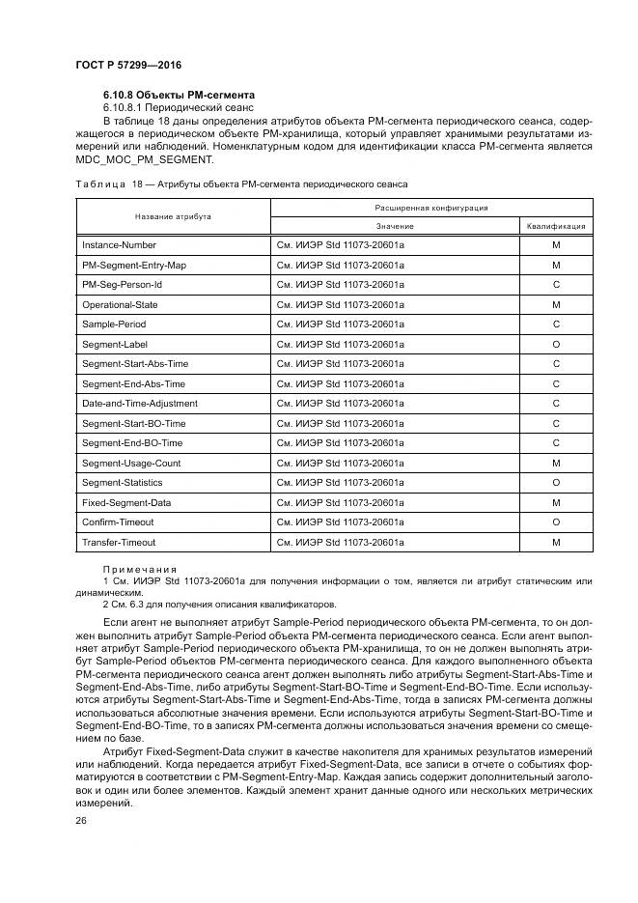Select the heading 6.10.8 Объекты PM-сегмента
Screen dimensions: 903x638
179,95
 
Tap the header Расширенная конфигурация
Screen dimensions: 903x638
430,207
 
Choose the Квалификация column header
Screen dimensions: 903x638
555,226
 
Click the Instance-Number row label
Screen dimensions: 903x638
119,245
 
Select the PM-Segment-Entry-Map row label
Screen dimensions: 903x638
134,265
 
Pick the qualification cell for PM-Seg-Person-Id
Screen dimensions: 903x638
555,285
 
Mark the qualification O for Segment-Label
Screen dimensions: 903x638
555,344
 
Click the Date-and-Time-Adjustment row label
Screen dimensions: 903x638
139,403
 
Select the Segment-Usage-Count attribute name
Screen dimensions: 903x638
130,463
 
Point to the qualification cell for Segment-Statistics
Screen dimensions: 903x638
555,482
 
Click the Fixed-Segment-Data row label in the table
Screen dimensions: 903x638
126,502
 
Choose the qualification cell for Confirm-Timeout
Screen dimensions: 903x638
555,522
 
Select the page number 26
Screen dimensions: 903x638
81,821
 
